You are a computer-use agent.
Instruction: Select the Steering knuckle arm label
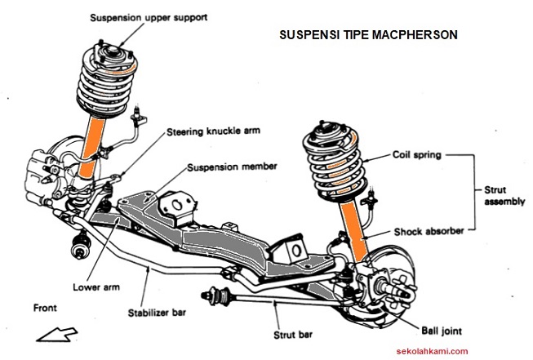tap(215, 131)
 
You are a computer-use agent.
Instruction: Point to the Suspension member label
tap(232, 166)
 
